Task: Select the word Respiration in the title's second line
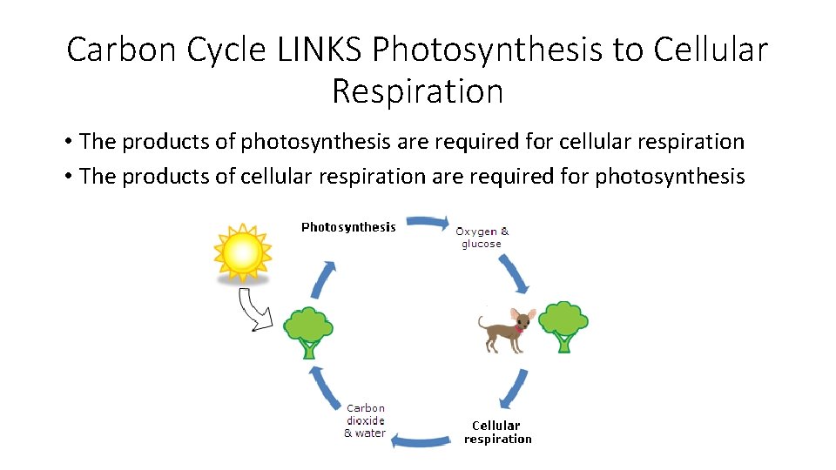(x=418, y=90)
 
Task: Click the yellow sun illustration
(x=242, y=252)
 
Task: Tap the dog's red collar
(x=521, y=328)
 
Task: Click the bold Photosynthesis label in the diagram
(x=348, y=227)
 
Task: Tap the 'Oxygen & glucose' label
(x=482, y=238)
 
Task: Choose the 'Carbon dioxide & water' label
(x=366, y=420)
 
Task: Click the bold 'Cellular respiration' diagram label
(x=497, y=432)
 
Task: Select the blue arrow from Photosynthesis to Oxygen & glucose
(x=428, y=223)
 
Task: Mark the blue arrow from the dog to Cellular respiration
(x=514, y=388)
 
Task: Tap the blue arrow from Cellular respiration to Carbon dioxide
(x=421, y=441)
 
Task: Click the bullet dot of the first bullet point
(x=66, y=142)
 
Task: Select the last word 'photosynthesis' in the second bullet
(x=670, y=177)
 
